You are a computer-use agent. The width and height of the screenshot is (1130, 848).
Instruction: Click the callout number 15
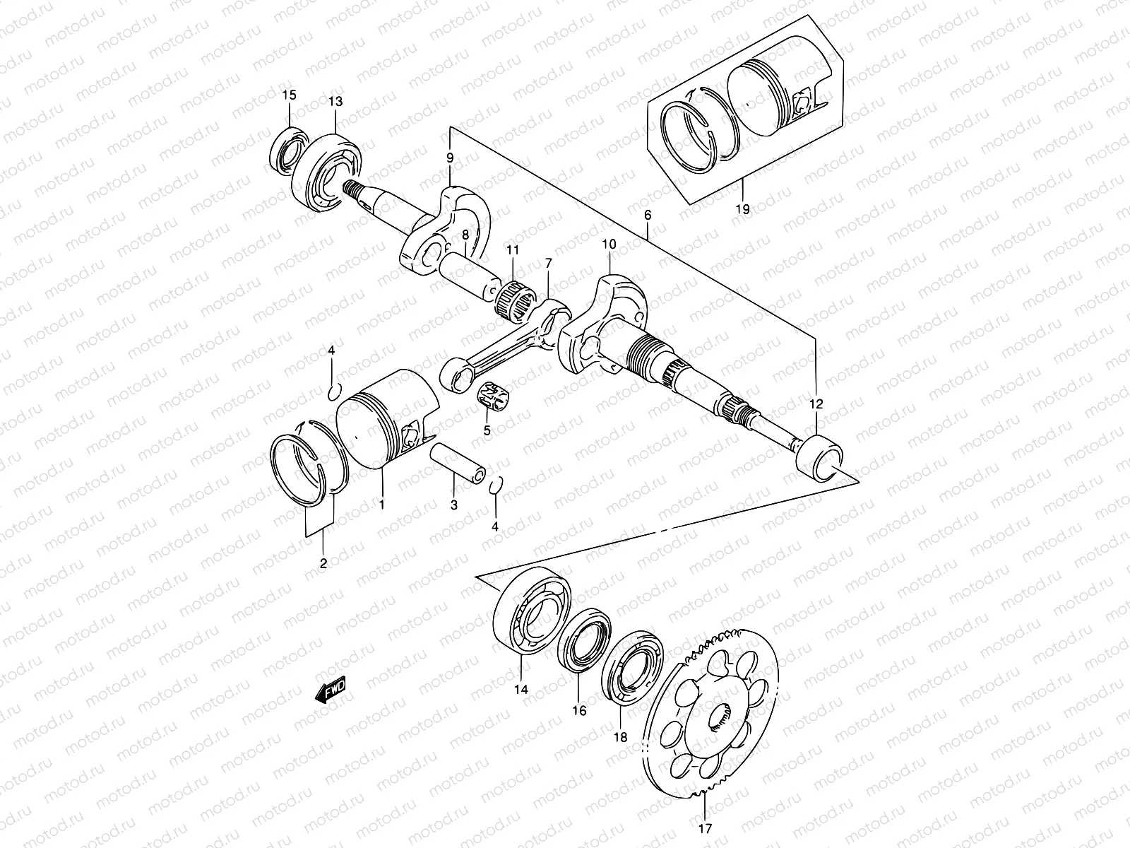click(290, 95)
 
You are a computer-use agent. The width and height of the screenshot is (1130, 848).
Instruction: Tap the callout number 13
click(335, 102)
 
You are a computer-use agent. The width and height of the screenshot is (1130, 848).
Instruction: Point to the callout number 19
click(742, 209)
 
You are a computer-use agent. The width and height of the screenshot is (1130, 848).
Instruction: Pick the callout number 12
click(816, 405)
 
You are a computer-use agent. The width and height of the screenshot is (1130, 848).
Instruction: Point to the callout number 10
click(609, 245)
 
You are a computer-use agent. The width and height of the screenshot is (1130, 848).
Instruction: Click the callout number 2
click(323, 564)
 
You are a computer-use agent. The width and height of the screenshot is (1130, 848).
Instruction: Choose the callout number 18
click(620, 737)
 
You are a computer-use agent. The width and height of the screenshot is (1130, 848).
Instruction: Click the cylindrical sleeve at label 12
click(819, 457)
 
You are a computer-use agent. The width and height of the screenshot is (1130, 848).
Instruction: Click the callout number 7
click(547, 264)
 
